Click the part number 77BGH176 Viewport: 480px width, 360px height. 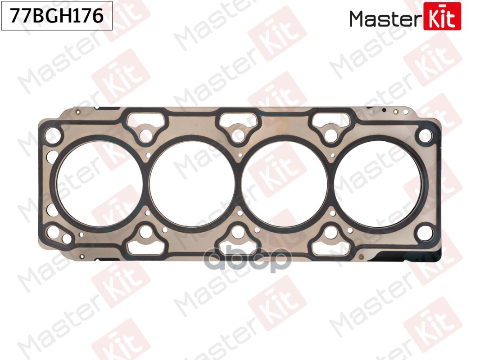coord(57,16)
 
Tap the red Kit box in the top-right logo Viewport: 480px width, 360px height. coord(442,16)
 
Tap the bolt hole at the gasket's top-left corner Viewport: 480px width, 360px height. coord(54,134)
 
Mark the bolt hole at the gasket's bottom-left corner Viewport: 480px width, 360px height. coord(54,232)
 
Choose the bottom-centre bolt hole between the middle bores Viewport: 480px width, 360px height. coord(239,232)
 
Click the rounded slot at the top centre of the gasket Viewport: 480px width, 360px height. coord(239,119)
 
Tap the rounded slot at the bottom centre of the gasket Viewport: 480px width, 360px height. coord(239,248)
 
